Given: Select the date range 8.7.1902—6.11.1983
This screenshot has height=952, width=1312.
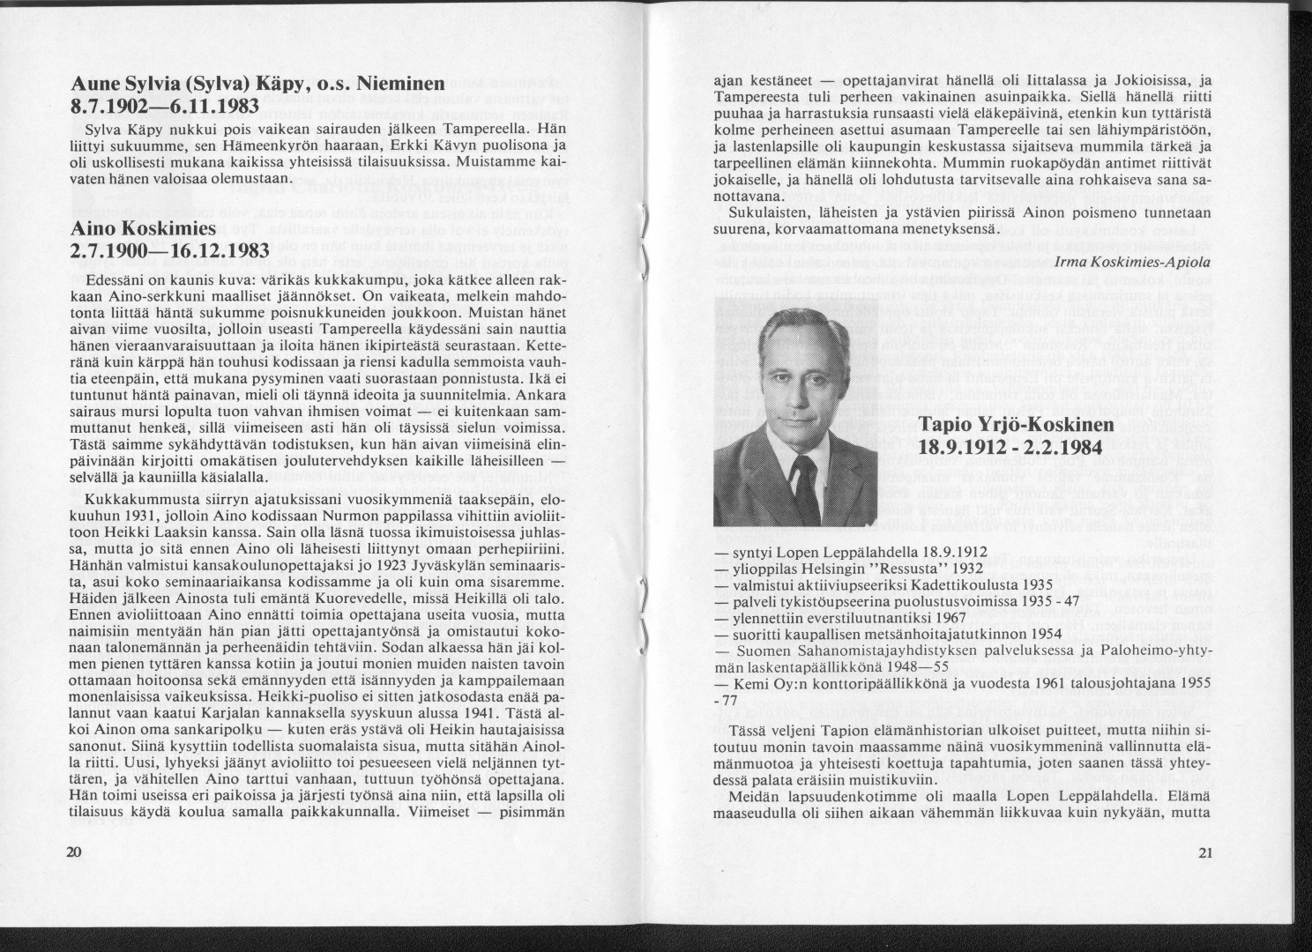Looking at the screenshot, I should point(162,108).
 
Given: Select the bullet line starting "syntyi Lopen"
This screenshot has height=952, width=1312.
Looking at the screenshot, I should point(838,553).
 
